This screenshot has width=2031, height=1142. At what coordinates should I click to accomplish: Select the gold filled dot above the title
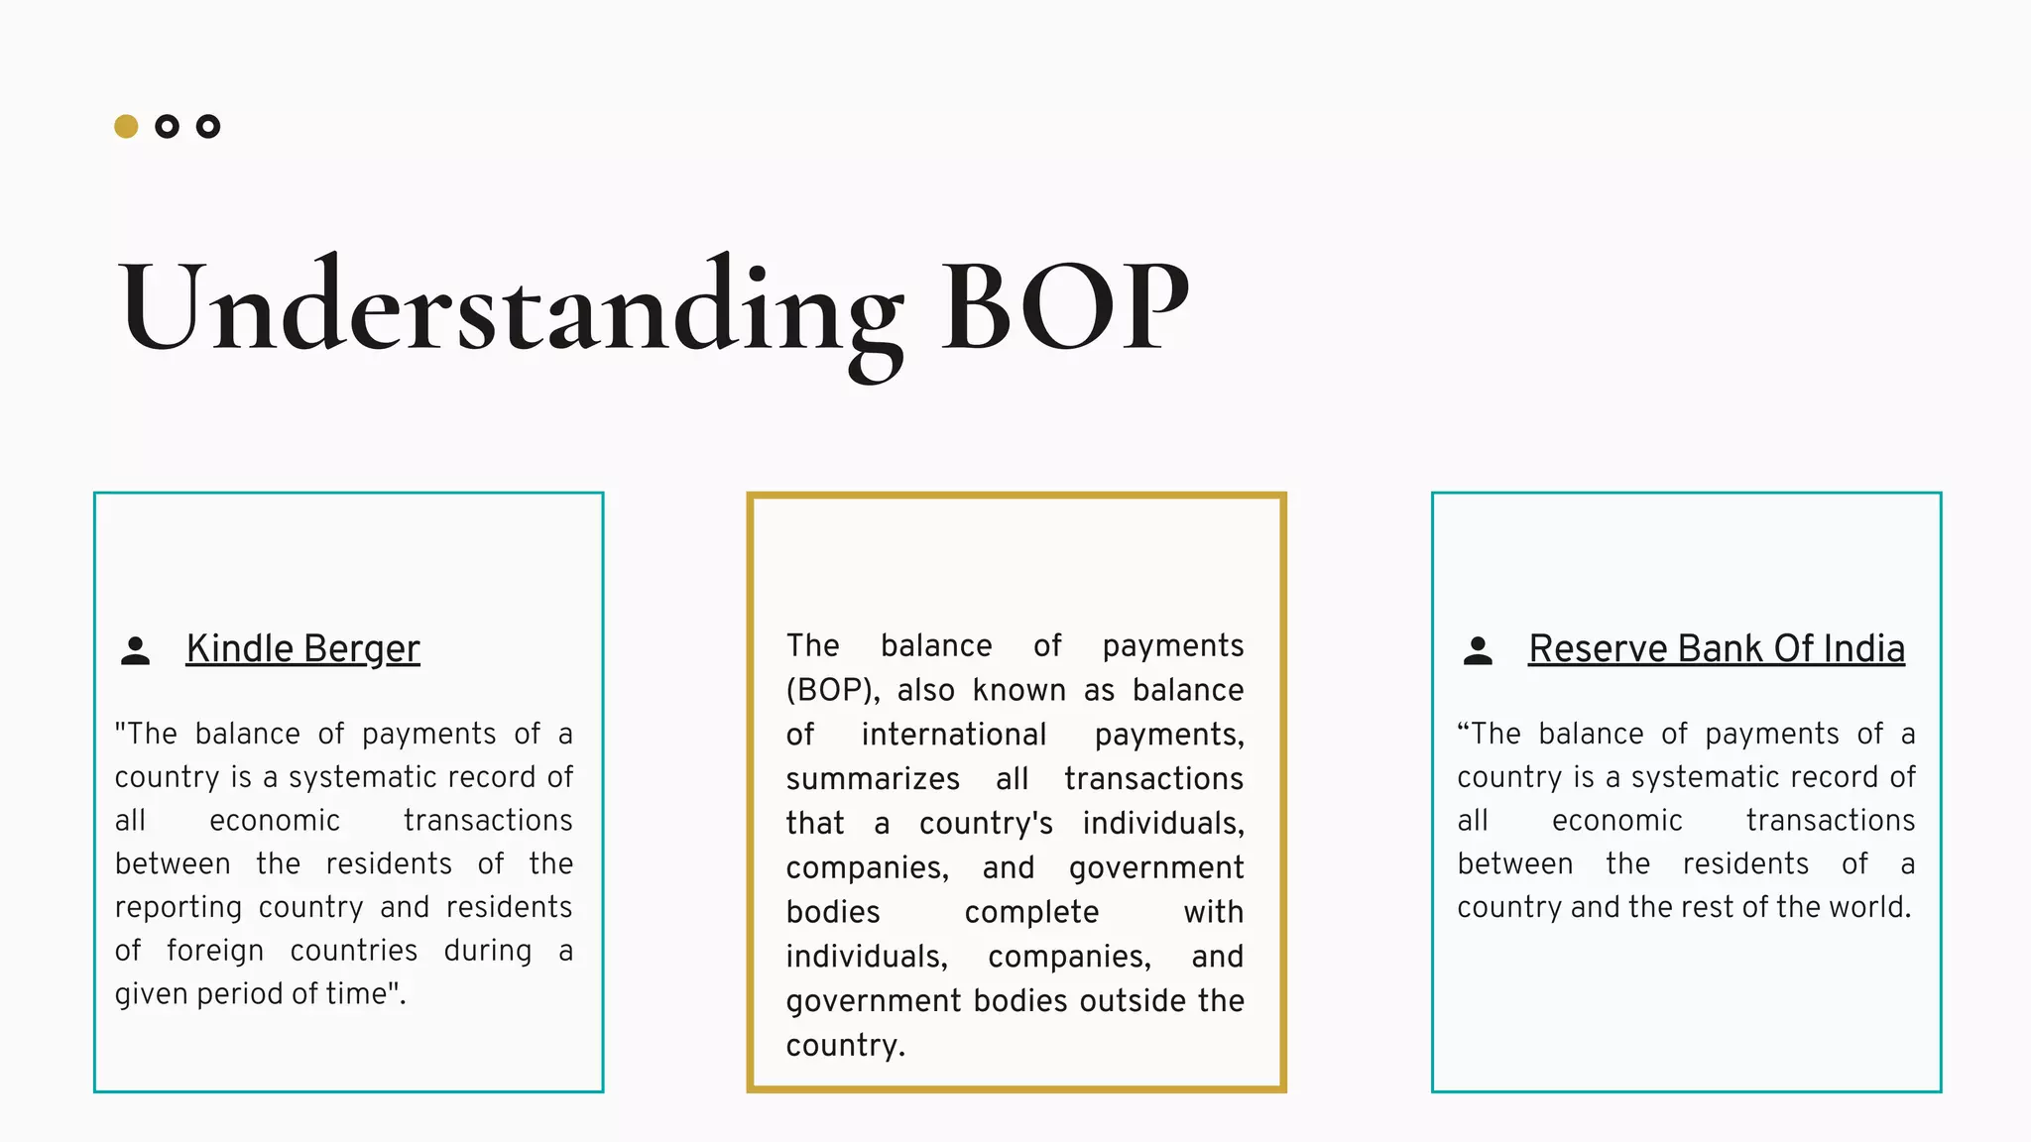point(126,127)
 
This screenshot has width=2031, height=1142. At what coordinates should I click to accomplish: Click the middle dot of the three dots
point(167,127)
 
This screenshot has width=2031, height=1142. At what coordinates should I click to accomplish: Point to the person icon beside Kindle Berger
point(135,650)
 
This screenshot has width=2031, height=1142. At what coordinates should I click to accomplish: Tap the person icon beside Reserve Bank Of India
point(1478,650)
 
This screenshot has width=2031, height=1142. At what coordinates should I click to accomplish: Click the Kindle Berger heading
point(302,648)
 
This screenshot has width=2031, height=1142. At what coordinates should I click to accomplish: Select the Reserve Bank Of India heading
point(1716,648)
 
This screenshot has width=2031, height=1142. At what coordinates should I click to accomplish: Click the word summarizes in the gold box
point(873,779)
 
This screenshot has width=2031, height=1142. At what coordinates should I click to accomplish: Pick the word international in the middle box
point(953,735)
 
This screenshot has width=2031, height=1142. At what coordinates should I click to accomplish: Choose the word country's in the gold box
point(986,824)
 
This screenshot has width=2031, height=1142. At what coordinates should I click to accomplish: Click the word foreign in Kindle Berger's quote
point(215,951)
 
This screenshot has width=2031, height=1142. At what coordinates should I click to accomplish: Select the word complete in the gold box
point(1031,912)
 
